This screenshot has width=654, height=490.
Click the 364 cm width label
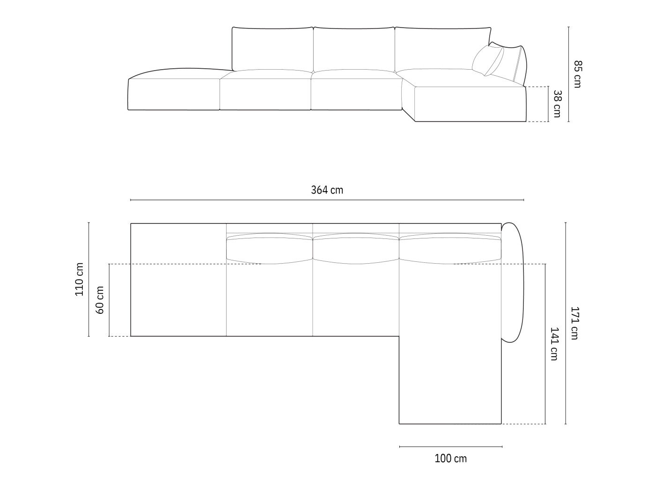coord(327,190)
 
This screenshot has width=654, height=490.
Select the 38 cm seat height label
coord(557,104)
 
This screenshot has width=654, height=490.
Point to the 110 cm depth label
coord(79,279)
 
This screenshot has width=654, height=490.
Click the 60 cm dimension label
coord(100,300)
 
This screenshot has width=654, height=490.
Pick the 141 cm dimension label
coord(553,344)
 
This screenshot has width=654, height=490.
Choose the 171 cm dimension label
coord(574,323)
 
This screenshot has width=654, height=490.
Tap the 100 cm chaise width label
coord(450,459)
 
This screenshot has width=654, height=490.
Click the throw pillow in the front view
coord(487,60)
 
